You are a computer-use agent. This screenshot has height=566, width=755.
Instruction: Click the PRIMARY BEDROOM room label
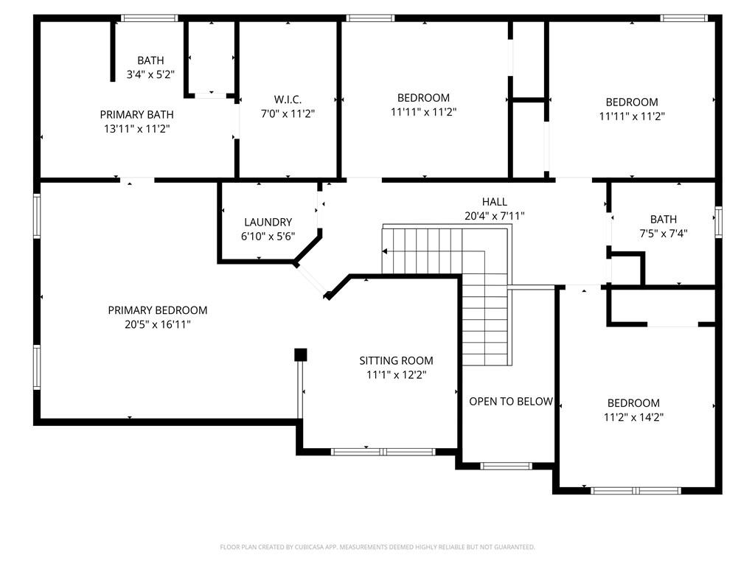coord(157,310)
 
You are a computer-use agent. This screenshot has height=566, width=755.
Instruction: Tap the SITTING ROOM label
coord(396,360)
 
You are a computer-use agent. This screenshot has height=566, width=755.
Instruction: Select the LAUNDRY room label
coord(268,222)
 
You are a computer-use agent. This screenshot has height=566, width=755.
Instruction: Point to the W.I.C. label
coord(288,99)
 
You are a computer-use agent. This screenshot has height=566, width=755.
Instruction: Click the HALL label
coord(494,202)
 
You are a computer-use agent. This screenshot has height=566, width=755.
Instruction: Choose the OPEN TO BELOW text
coord(511,402)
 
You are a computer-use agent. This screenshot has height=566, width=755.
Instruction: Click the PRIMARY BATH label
coord(136,114)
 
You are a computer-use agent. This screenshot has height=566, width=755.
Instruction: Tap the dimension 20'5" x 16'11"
coord(157,324)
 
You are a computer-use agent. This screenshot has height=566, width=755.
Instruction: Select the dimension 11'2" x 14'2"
coord(633,417)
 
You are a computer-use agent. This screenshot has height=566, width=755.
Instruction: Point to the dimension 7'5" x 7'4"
coord(663,233)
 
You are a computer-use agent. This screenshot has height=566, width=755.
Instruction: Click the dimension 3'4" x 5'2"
coord(150,74)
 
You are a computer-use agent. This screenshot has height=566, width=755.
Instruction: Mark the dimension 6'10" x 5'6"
coord(268,236)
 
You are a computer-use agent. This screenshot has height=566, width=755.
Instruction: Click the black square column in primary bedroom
coord(300,355)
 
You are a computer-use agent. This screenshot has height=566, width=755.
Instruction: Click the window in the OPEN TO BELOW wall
coord(506,466)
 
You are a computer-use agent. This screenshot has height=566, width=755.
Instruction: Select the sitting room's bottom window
coord(383,451)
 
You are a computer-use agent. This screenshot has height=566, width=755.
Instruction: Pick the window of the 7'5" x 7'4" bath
coord(718,222)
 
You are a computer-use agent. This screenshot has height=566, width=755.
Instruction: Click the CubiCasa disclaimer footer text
coord(377,547)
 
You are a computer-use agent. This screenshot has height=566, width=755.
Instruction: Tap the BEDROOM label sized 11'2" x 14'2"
coord(633,403)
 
